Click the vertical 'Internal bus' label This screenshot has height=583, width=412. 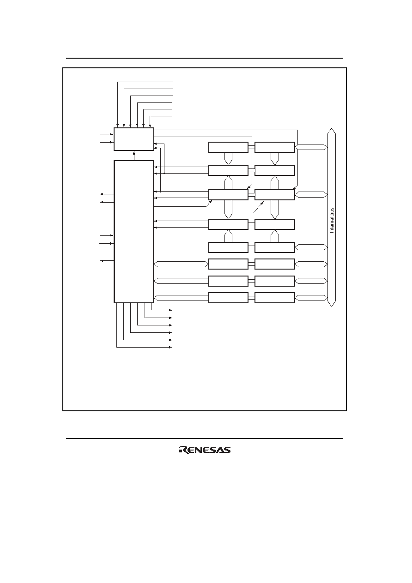point(332,220)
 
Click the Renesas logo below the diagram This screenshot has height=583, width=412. point(205,450)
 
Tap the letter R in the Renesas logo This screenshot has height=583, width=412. point(183,450)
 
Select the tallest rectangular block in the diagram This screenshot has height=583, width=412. point(134,232)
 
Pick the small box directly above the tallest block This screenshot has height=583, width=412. point(134,139)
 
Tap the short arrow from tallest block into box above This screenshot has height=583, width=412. point(134,156)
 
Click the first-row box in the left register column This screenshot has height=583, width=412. point(228,147)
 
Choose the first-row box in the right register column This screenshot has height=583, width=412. point(275,147)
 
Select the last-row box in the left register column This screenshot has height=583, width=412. point(228,298)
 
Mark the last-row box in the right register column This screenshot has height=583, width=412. point(275,298)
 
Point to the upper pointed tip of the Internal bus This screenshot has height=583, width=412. point(332,128)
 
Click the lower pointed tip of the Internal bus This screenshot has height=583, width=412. point(332,306)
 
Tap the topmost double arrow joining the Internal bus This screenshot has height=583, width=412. point(311,147)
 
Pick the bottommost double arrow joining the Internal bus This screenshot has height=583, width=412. point(311,298)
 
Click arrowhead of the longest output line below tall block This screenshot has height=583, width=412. point(171,347)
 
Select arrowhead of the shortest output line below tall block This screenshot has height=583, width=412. point(171,310)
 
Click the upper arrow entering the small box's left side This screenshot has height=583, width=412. point(107,134)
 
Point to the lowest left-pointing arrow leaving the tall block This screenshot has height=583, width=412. point(107,260)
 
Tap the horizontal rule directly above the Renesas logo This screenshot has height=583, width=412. point(204,439)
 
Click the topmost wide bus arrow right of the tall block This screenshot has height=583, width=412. point(181,264)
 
